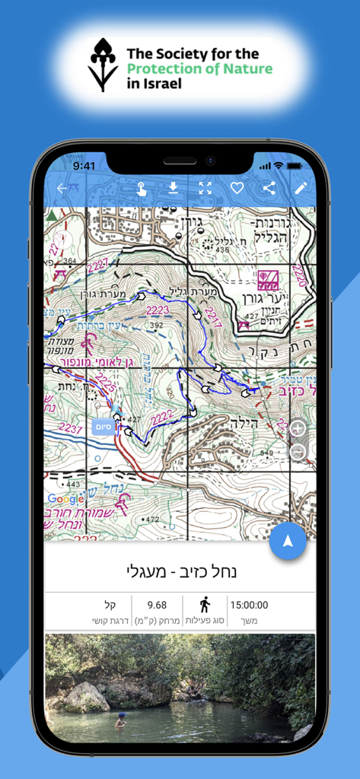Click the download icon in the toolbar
coord(174,189)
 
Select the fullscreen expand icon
coord(205,189)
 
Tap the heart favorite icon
coord(237,189)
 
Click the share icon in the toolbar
coord(269,189)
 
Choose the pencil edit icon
coord(301,189)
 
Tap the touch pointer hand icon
coord(142,189)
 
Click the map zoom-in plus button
coord(298,428)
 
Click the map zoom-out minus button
coord(298,452)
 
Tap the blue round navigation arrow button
coord(288,541)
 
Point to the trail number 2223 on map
coord(158,310)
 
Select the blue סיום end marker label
coord(104,426)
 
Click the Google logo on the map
coord(65,499)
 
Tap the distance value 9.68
coord(157,606)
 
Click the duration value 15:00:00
coord(248,606)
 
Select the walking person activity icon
coord(204,605)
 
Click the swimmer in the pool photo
coord(119,720)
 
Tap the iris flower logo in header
coord(104,65)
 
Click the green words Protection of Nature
coord(199,69)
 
